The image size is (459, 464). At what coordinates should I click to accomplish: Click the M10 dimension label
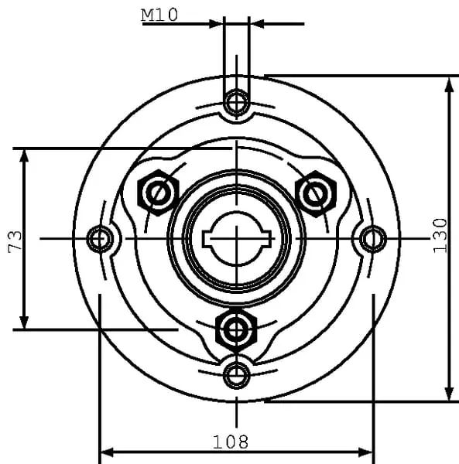(x=159, y=15)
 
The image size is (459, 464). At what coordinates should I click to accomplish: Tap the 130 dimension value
(x=440, y=236)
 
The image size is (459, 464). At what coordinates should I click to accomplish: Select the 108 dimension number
(x=231, y=442)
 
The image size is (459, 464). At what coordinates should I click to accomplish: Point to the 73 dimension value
(x=15, y=242)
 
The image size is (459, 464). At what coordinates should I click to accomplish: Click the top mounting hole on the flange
(x=236, y=102)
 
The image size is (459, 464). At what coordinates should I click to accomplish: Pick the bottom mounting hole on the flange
(x=236, y=374)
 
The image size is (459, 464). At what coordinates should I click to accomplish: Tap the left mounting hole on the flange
(x=100, y=239)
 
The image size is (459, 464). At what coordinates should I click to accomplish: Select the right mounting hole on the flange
(x=373, y=239)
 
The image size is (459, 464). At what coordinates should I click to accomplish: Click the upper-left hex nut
(x=159, y=193)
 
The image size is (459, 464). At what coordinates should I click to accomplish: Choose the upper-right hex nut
(x=316, y=194)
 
